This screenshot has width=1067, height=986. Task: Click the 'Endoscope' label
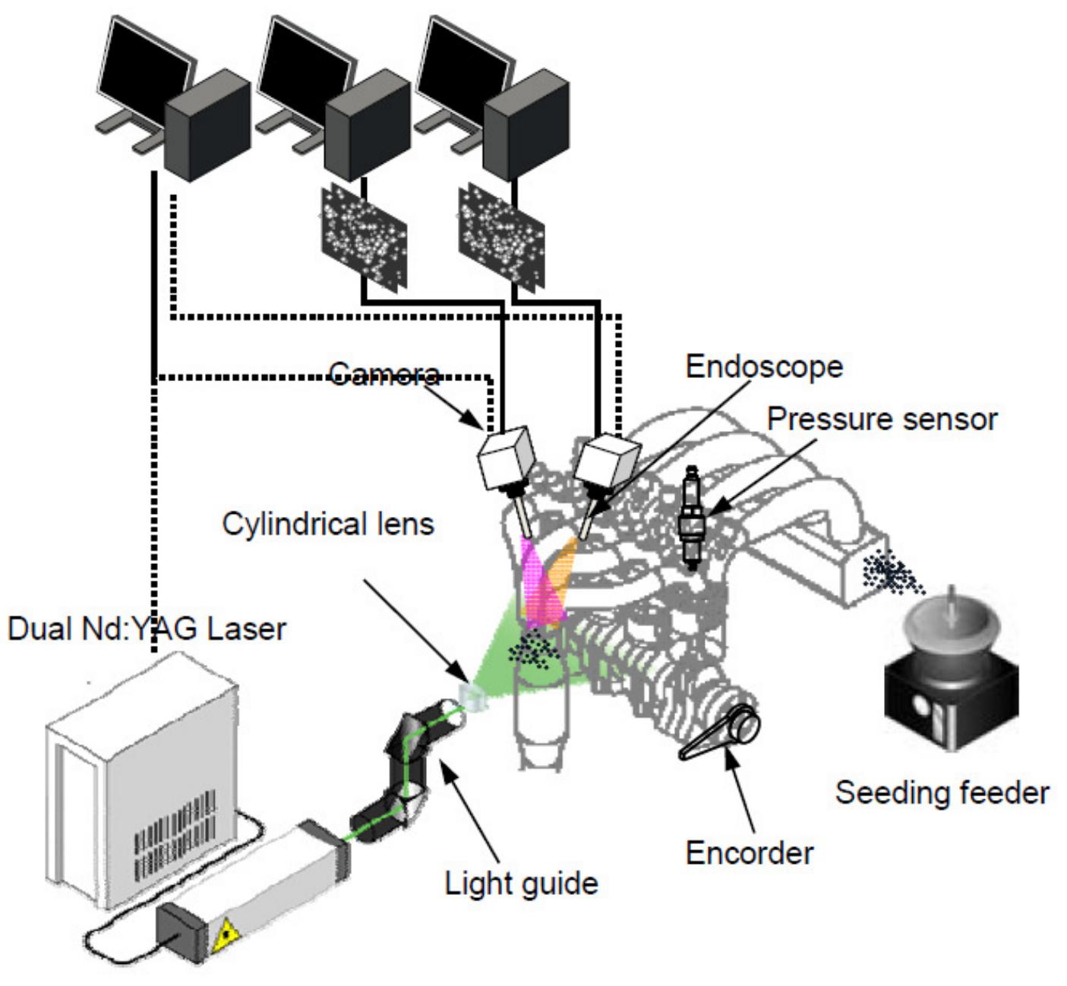(x=764, y=367)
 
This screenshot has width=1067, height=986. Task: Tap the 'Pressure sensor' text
(x=882, y=418)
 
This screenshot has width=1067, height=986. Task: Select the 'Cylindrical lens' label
(x=328, y=524)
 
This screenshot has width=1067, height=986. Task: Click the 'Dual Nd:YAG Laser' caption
(x=147, y=629)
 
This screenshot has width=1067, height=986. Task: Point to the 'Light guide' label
(x=521, y=883)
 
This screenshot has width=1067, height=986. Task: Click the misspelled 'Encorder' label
(x=749, y=852)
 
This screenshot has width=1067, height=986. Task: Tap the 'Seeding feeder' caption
(x=942, y=792)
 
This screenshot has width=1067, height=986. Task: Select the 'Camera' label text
(x=384, y=373)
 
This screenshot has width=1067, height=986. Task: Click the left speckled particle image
(x=364, y=235)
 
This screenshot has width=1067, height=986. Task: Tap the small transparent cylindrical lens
(x=471, y=694)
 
